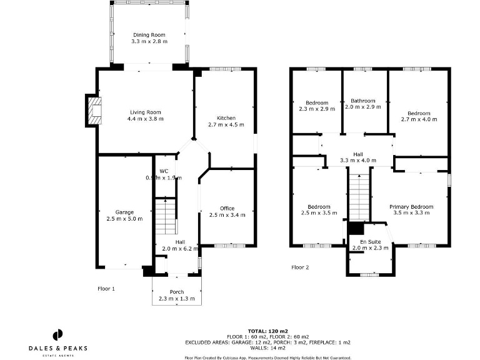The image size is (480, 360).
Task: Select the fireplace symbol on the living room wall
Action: [94, 111]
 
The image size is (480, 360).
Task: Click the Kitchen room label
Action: [226, 118]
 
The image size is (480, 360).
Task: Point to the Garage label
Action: [125, 212]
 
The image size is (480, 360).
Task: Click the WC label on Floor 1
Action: [164, 171]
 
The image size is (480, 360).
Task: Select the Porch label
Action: [177, 292]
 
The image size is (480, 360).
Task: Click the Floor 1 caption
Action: [106, 289]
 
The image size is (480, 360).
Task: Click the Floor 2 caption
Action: [300, 267]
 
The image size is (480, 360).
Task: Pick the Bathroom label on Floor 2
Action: [362, 101]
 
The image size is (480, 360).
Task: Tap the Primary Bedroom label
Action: [411, 207]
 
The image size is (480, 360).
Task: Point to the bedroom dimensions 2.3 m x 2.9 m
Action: [317, 109]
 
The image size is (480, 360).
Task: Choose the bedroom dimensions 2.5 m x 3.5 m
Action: [319, 213]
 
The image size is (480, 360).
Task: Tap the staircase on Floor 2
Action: [359, 196]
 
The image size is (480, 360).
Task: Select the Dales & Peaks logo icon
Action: [57, 334]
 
